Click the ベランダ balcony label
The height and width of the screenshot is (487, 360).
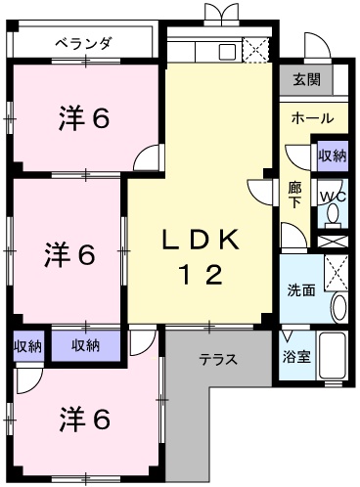[x=84, y=43]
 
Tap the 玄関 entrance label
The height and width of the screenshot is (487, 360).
[x=306, y=79]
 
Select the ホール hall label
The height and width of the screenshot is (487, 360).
[x=312, y=118]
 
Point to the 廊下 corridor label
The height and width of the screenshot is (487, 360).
[x=295, y=195]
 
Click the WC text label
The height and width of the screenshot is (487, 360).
[x=333, y=197]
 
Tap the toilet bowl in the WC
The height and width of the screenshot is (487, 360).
[x=333, y=216]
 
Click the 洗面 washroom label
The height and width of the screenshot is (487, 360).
[x=301, y=290]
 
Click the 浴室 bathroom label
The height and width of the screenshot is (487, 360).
[x=296, y=357]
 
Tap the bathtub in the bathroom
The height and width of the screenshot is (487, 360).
[x=333, y=356]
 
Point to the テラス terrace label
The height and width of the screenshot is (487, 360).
[x=218, y=360]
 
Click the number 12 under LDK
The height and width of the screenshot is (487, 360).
[x=201, y=275]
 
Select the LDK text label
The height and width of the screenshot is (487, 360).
[x=201, y=241]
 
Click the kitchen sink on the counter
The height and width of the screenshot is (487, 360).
[x=227, y=52]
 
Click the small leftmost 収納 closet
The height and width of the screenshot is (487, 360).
[x=28, y=346]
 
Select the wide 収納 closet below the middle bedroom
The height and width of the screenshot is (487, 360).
[x=86, y=346]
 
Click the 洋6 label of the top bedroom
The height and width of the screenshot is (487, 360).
[x=84, y=118]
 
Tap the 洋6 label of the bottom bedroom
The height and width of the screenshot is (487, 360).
[x=84, y=420]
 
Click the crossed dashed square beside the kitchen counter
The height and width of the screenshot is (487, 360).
[x=255, y=50]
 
